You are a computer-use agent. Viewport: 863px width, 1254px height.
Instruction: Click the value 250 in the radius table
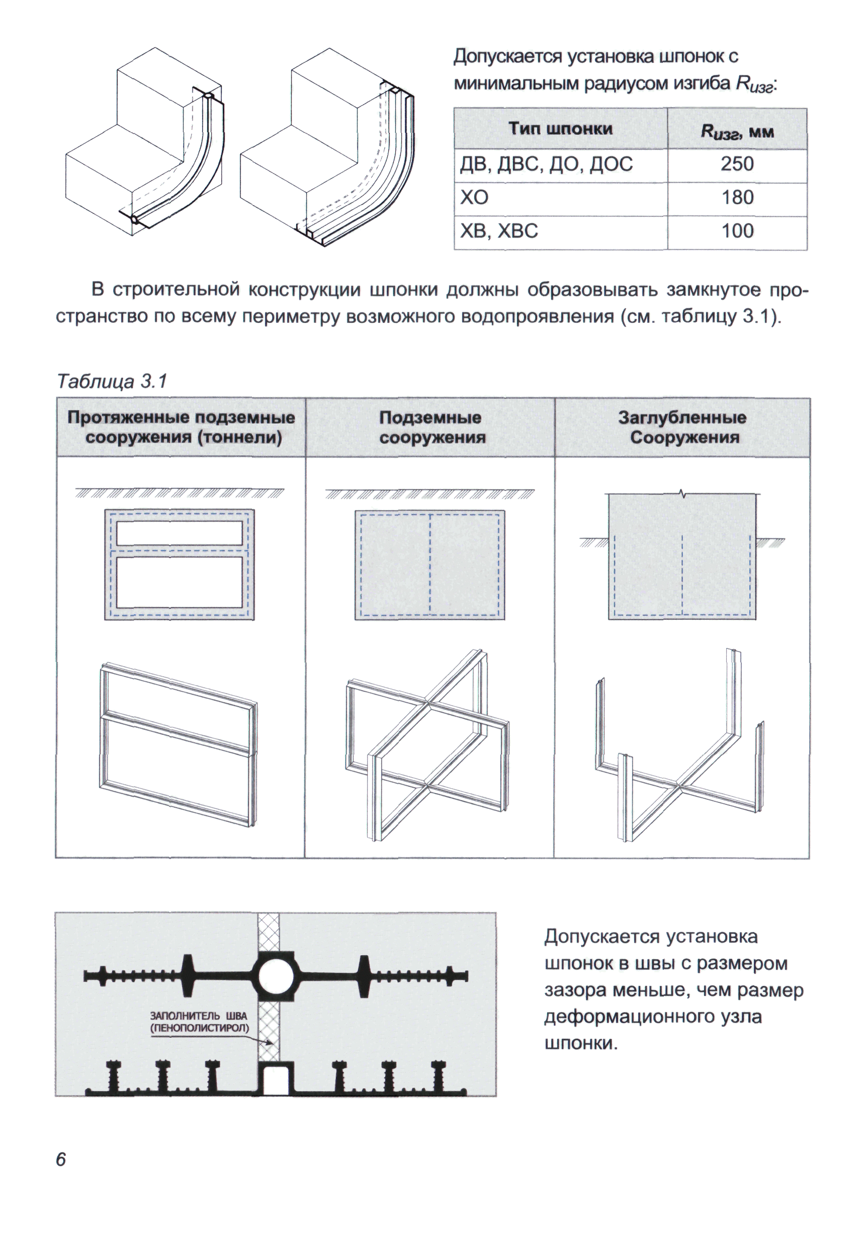click(x=737, y=164)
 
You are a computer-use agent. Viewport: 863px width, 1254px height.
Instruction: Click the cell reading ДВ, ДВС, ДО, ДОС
click(x=546, y=164)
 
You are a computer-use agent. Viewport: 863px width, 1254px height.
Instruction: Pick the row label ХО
click(x=474, y=198)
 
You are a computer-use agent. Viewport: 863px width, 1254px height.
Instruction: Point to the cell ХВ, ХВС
click(x=498, y=231)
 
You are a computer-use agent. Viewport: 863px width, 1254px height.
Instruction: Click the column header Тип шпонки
click(x=560, y=129)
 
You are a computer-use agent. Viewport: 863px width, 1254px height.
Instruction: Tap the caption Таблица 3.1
click(x=113, y=381)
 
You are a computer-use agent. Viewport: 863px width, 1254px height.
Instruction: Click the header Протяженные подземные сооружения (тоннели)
click(x=181, y=427)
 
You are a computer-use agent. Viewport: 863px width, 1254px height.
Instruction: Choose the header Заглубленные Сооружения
click(x=682, y=427)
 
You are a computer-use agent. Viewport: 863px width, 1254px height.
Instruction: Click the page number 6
click(x=60, y=1159)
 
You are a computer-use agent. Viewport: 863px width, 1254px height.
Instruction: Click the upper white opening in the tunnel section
click(x=180, y=533)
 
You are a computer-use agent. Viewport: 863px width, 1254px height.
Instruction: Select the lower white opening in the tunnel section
click(x=180, y=582)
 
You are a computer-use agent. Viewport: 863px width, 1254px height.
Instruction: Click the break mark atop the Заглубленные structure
click(x=682, y=493)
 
